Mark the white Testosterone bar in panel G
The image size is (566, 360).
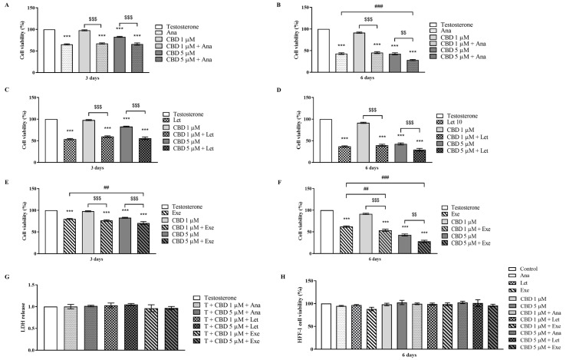tap(51, 319)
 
